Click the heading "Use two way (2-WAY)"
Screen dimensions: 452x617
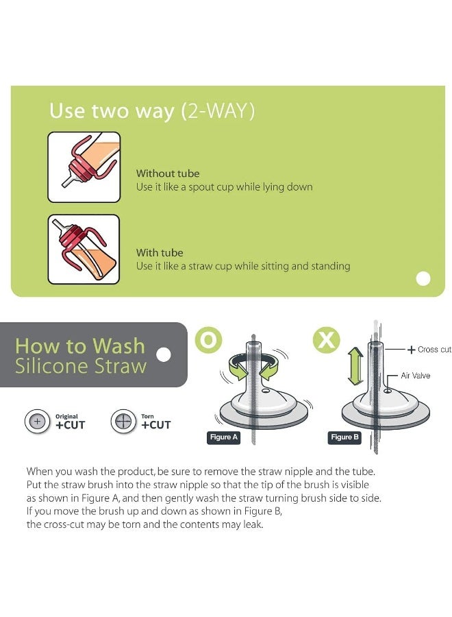(152, 111)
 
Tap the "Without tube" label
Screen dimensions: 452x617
(168, 173)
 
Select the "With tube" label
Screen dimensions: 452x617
(160, 252)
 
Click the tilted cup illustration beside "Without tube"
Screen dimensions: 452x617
(84, 167)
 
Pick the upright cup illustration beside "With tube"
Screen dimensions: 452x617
(84, 250)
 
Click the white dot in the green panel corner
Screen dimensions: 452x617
(423, 278)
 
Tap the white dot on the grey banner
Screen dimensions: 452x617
(164, 354)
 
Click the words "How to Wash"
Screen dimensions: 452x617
(80, 346)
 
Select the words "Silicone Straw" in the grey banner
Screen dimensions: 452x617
(81, 366)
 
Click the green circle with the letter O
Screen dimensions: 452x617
(208, 339)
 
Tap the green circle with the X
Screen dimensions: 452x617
(326, 339)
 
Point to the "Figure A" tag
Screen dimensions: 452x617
(224, 437)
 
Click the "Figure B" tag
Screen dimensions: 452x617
(344, 437)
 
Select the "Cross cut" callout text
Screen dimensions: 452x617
(434, 350)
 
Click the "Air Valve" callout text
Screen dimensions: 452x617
(416, 376)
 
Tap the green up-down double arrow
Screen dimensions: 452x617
(355, 366)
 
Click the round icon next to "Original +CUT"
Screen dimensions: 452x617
(38, 422)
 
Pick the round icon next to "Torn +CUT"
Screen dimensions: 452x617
(123, 422)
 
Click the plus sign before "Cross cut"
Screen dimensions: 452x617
(411, 350)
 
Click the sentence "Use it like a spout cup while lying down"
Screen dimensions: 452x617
(225, 187)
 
